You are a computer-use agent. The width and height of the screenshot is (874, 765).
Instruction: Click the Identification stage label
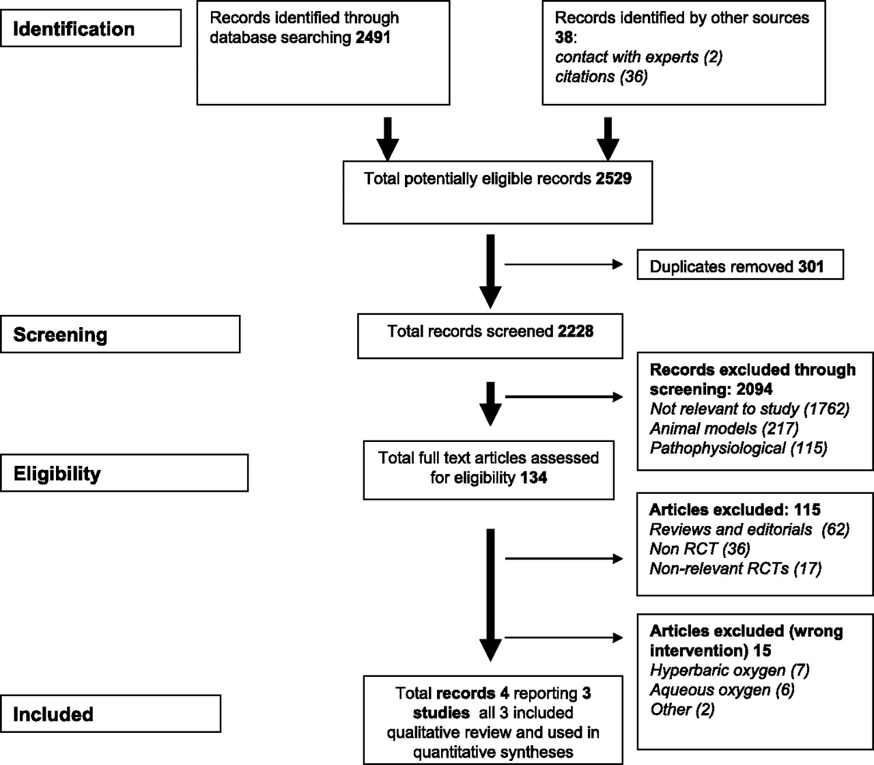[x=74, y=29]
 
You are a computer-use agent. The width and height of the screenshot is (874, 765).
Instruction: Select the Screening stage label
[x=60, y=335]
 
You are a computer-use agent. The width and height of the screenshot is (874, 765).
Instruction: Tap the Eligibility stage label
[x=57, y=473]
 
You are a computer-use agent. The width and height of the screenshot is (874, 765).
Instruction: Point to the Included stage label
[x=53, y=714]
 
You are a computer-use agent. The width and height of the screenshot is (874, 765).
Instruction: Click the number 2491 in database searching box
[x=373, y=38]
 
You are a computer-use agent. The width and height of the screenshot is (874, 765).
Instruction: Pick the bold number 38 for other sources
[x=564, y=37]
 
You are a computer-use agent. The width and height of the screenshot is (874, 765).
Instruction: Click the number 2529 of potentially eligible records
[x=613, y=178]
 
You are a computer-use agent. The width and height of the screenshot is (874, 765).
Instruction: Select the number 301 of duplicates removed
[x=810, y=266]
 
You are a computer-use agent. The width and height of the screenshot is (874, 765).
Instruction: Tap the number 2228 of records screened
[x=576, y=331]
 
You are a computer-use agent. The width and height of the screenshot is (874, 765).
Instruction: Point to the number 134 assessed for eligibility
[x=533, y=477]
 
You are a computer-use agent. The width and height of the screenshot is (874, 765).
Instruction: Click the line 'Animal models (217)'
[x=724, y=428]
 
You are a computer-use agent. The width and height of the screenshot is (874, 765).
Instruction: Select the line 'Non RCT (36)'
[x=700, y=548]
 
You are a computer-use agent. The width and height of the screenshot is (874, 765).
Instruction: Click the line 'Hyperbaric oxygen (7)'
[x=730, y=670]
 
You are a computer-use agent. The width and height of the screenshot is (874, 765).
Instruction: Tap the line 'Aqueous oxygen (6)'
[x=722, y=690]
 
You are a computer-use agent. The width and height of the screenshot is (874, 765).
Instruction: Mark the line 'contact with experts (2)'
[x=638, y=57]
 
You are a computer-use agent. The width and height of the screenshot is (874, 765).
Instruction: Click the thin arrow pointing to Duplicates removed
[x=564, y=264]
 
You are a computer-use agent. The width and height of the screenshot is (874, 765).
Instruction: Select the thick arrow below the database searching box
[x=387, y=139]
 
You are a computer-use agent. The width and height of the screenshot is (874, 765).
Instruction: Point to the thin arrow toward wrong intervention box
[x=564, y=638]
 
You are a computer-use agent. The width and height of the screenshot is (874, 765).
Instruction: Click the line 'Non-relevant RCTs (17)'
[x=735, y=568]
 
